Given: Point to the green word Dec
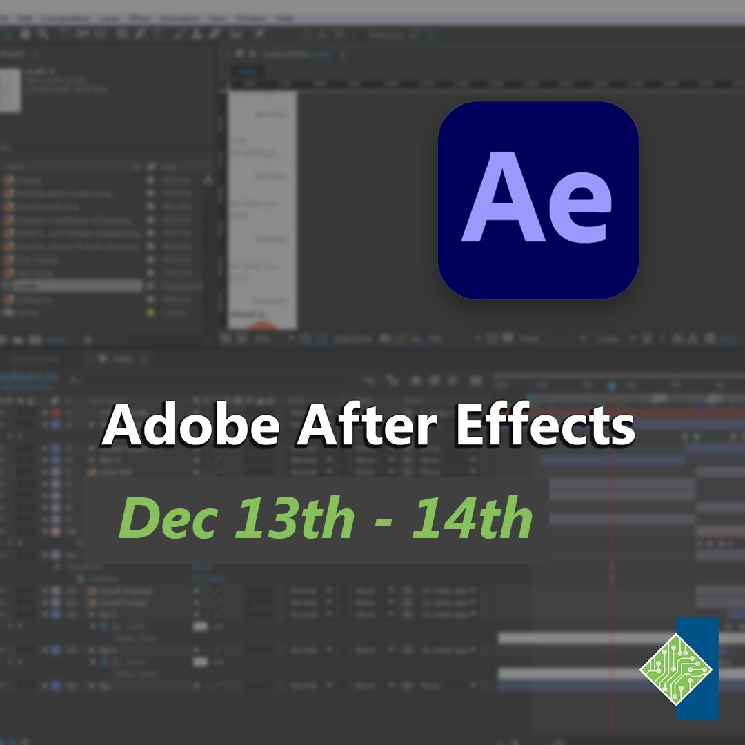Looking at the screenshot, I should coord(169,518).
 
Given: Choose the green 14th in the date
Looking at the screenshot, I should coord(472,518).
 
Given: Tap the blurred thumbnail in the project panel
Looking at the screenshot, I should coord(10,90).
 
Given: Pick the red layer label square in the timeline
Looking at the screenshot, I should coord(57,413).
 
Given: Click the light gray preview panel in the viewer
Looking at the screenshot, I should coord(263,207).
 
